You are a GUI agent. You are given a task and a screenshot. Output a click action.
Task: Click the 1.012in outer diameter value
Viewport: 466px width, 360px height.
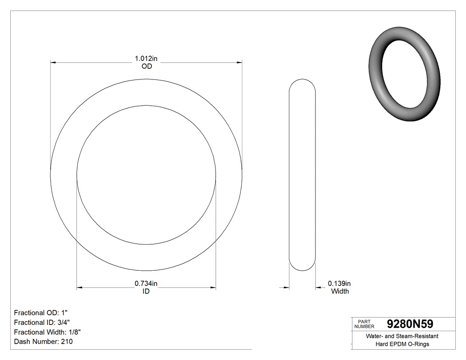tap(146, 59)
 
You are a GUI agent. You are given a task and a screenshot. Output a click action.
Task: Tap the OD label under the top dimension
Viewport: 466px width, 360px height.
tap(146, 67)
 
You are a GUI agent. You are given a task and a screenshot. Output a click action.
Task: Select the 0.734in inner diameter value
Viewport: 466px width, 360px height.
tap(146, 283)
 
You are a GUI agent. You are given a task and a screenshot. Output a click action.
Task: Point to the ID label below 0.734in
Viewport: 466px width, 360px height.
tap(146, 291)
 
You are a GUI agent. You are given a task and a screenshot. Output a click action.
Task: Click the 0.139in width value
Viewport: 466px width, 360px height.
tap(340, 283)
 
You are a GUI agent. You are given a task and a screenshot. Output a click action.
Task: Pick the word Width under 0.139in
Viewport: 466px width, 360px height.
tap(340, 291)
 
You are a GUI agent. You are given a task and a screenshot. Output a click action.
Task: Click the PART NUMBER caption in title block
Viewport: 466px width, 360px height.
tap(364, 324)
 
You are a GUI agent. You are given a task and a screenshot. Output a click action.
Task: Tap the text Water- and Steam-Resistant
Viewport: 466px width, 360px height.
tap(402, 336)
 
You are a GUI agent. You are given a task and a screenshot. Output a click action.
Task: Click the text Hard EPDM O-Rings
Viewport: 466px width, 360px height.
tap(402, 344)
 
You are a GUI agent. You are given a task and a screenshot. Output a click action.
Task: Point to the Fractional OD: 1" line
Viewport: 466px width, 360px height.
tap(42, 312)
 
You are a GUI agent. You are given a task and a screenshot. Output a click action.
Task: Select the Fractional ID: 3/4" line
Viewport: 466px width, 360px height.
tap(42, 322)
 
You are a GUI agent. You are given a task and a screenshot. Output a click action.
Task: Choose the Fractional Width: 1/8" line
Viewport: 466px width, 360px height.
tap(47, 332)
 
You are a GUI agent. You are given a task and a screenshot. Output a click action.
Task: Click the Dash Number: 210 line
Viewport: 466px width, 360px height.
tap(43, 341)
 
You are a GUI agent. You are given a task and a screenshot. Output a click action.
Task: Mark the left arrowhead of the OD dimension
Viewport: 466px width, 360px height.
tap(53, 63)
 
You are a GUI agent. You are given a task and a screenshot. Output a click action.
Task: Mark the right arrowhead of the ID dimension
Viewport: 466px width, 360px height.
tap(213, 288)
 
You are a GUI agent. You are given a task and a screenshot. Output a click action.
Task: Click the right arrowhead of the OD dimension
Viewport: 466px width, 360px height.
tap(240, 63)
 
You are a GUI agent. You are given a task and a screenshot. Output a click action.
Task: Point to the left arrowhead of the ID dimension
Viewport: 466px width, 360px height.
tap(80, 288)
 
